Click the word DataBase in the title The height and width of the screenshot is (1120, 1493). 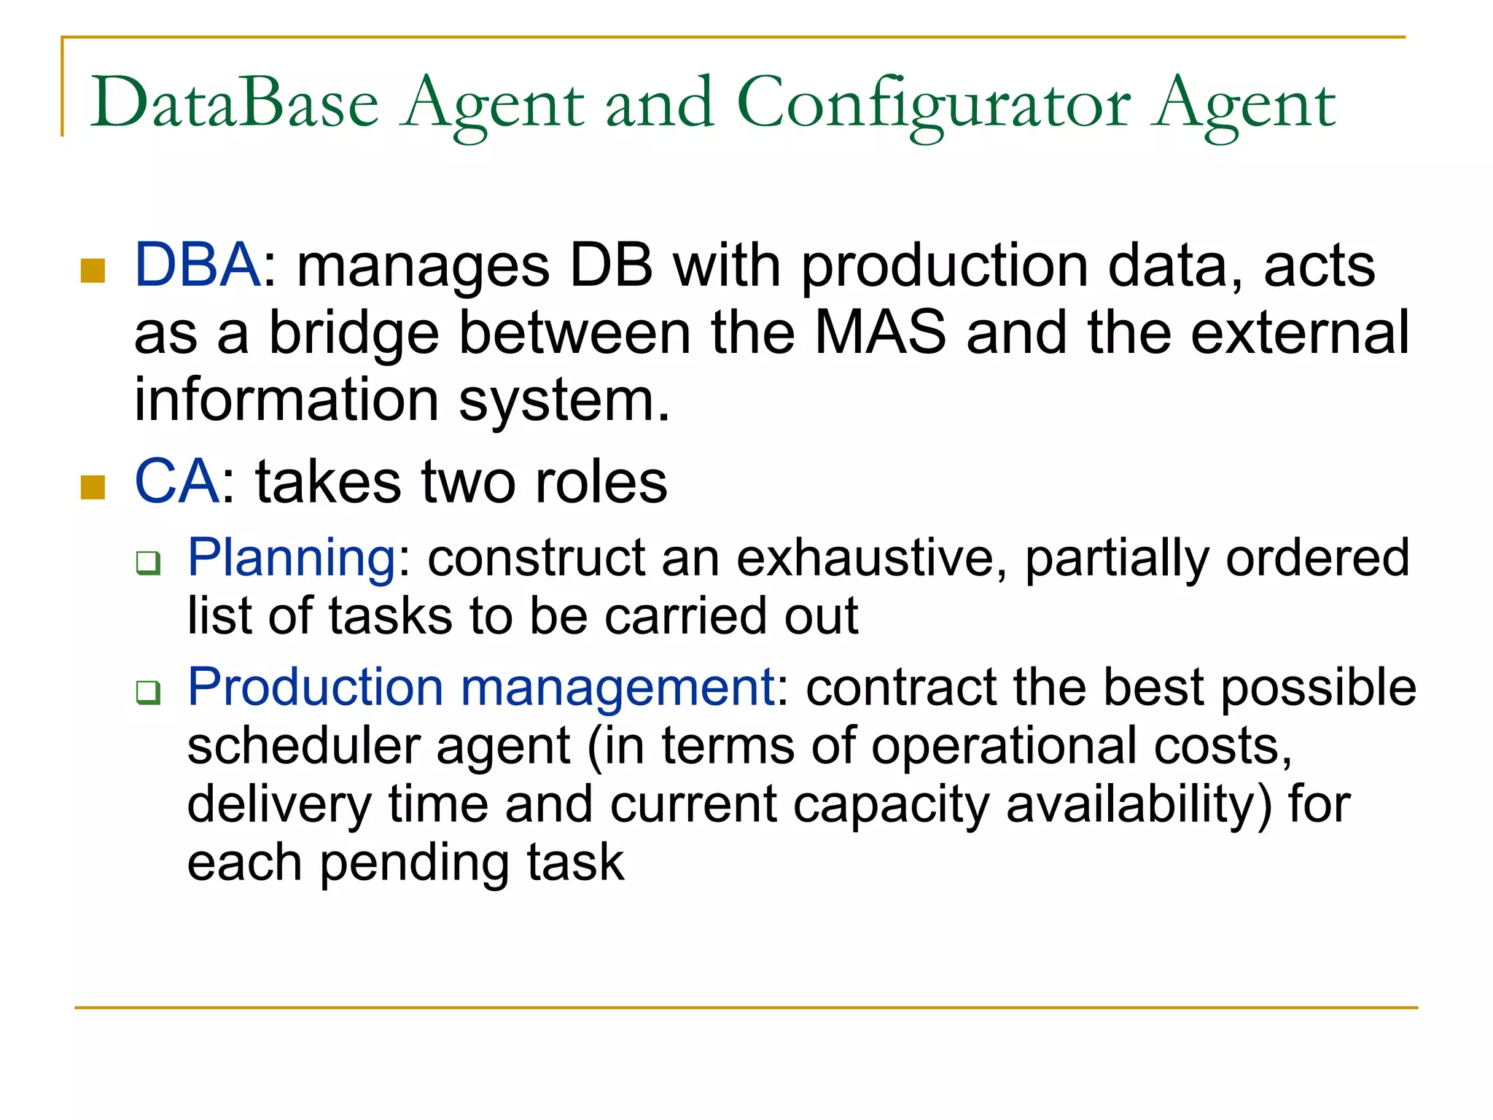tap(234, 104)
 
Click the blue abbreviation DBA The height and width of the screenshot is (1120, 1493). tap(197, 265)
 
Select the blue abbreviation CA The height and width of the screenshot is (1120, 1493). tap(176, 482)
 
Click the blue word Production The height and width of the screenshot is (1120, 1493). tap(315, 688)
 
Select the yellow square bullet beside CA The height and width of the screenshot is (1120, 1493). tap(93, 487)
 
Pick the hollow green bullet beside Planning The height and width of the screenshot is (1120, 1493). tap(148, 564)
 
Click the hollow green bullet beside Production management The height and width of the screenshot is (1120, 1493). tap(148, 692)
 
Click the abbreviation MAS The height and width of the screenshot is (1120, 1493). tap(880, 332)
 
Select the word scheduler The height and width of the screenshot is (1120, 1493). tap(304, 746)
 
